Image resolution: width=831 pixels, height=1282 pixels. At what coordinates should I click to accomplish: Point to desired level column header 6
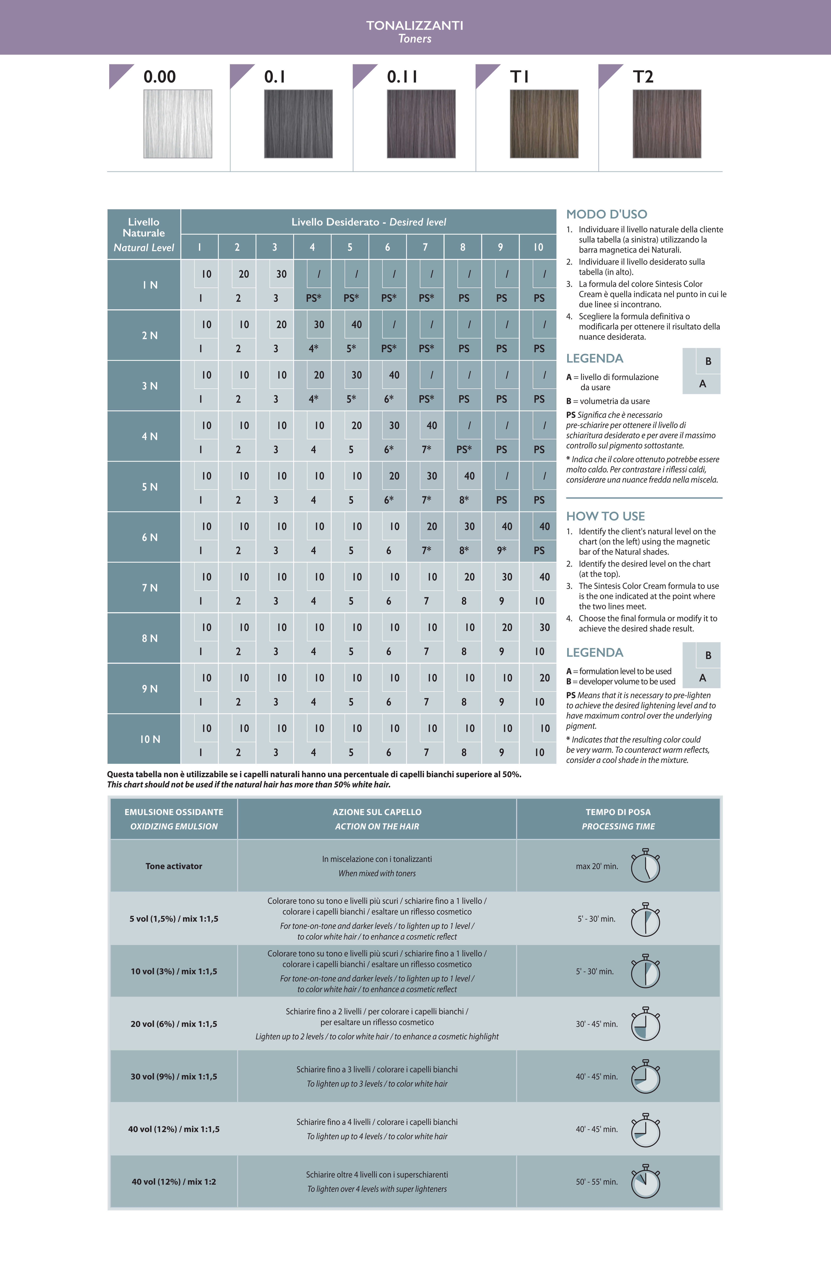pyautogui.click(x=388, y=247)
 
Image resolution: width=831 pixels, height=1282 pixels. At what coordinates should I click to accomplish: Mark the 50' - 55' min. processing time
pyautogui.click(x=597, y=1182)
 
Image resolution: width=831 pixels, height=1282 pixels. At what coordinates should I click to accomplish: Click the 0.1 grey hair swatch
pyautogui.click(x=298, y=124)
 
